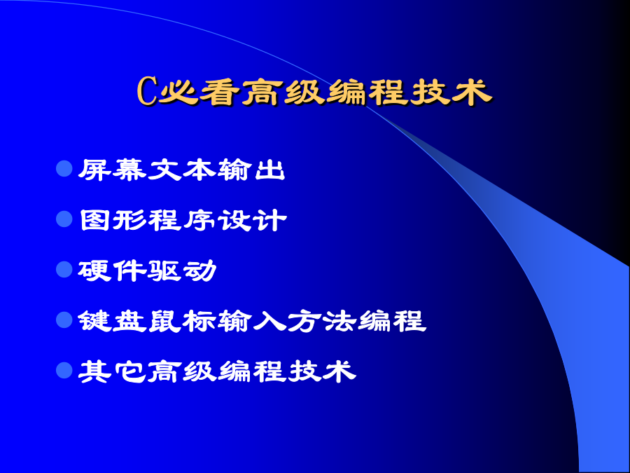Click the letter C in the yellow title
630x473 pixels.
(147, 91)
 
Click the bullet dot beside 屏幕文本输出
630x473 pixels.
(64, 168)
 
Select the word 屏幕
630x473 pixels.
(113, 170)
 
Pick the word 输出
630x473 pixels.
(251, 170)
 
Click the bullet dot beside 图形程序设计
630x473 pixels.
(64, 219)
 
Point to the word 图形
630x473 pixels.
(113, 221)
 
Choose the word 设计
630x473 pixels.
(253, 221)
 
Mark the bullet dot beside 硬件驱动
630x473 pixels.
(64, 270)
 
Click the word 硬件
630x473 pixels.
(113, 270)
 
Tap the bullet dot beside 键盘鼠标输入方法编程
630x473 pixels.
(64, 320)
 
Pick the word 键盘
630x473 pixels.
(113, 322)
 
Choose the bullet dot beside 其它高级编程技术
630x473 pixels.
(64, 371)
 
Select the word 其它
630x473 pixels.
(113, 371)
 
